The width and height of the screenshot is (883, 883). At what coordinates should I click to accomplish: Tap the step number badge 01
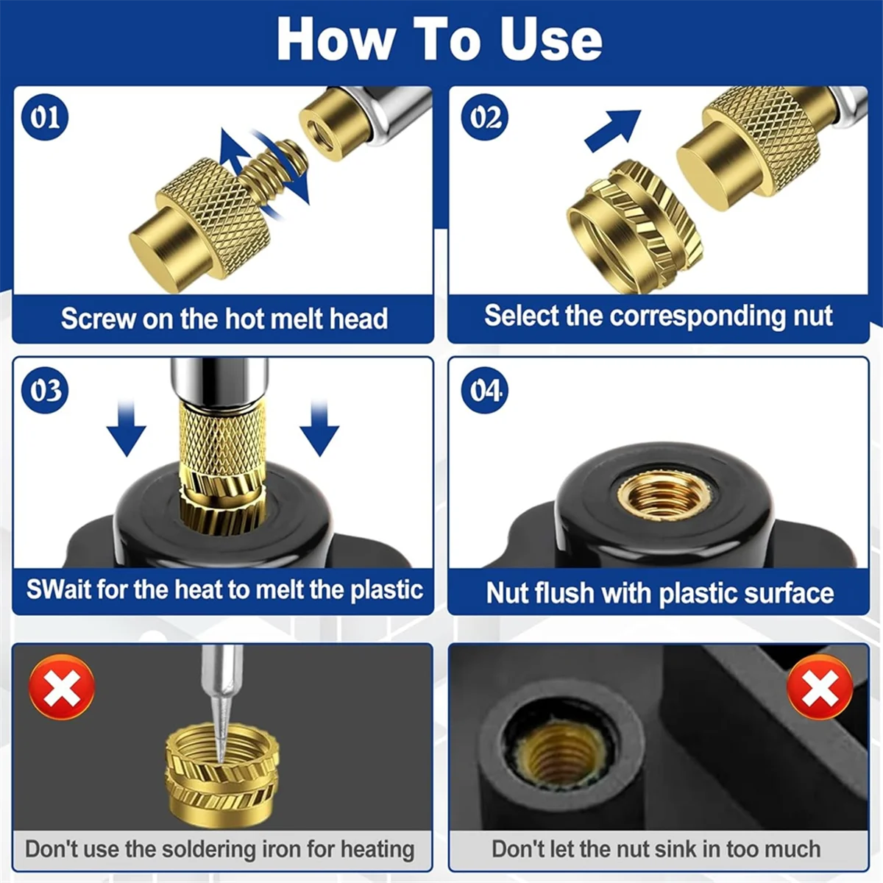pyautogui.click(x=45, y=117)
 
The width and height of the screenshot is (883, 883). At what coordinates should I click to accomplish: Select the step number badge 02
pyautogui.click(x=485, y=117)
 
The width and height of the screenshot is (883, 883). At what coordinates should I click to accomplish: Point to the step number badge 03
pyautogui.click(x=45, y=390)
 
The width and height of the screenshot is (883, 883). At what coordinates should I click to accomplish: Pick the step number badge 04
pyautogui.click(x=485, y=390)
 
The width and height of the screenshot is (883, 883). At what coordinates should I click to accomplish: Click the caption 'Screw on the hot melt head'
pyautogui.click(x=224, y=319)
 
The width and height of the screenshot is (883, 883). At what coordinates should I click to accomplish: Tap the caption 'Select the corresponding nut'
pyautogui.click(x=658, y=316)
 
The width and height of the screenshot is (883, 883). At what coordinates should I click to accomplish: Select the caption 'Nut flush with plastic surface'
pyautogui.click(x=659, y=593)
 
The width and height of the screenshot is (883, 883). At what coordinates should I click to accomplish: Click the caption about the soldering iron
pyautogui.click(x=220, y=848)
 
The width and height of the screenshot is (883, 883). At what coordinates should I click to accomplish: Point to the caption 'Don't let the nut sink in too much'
pyautogui.click(x=656, y=848)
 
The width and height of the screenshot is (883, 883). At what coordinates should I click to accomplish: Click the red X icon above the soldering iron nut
pyautogui.click(x=62, y=687)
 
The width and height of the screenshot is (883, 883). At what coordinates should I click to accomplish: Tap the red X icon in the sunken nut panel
pyautogui.click(x=820, y=687)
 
